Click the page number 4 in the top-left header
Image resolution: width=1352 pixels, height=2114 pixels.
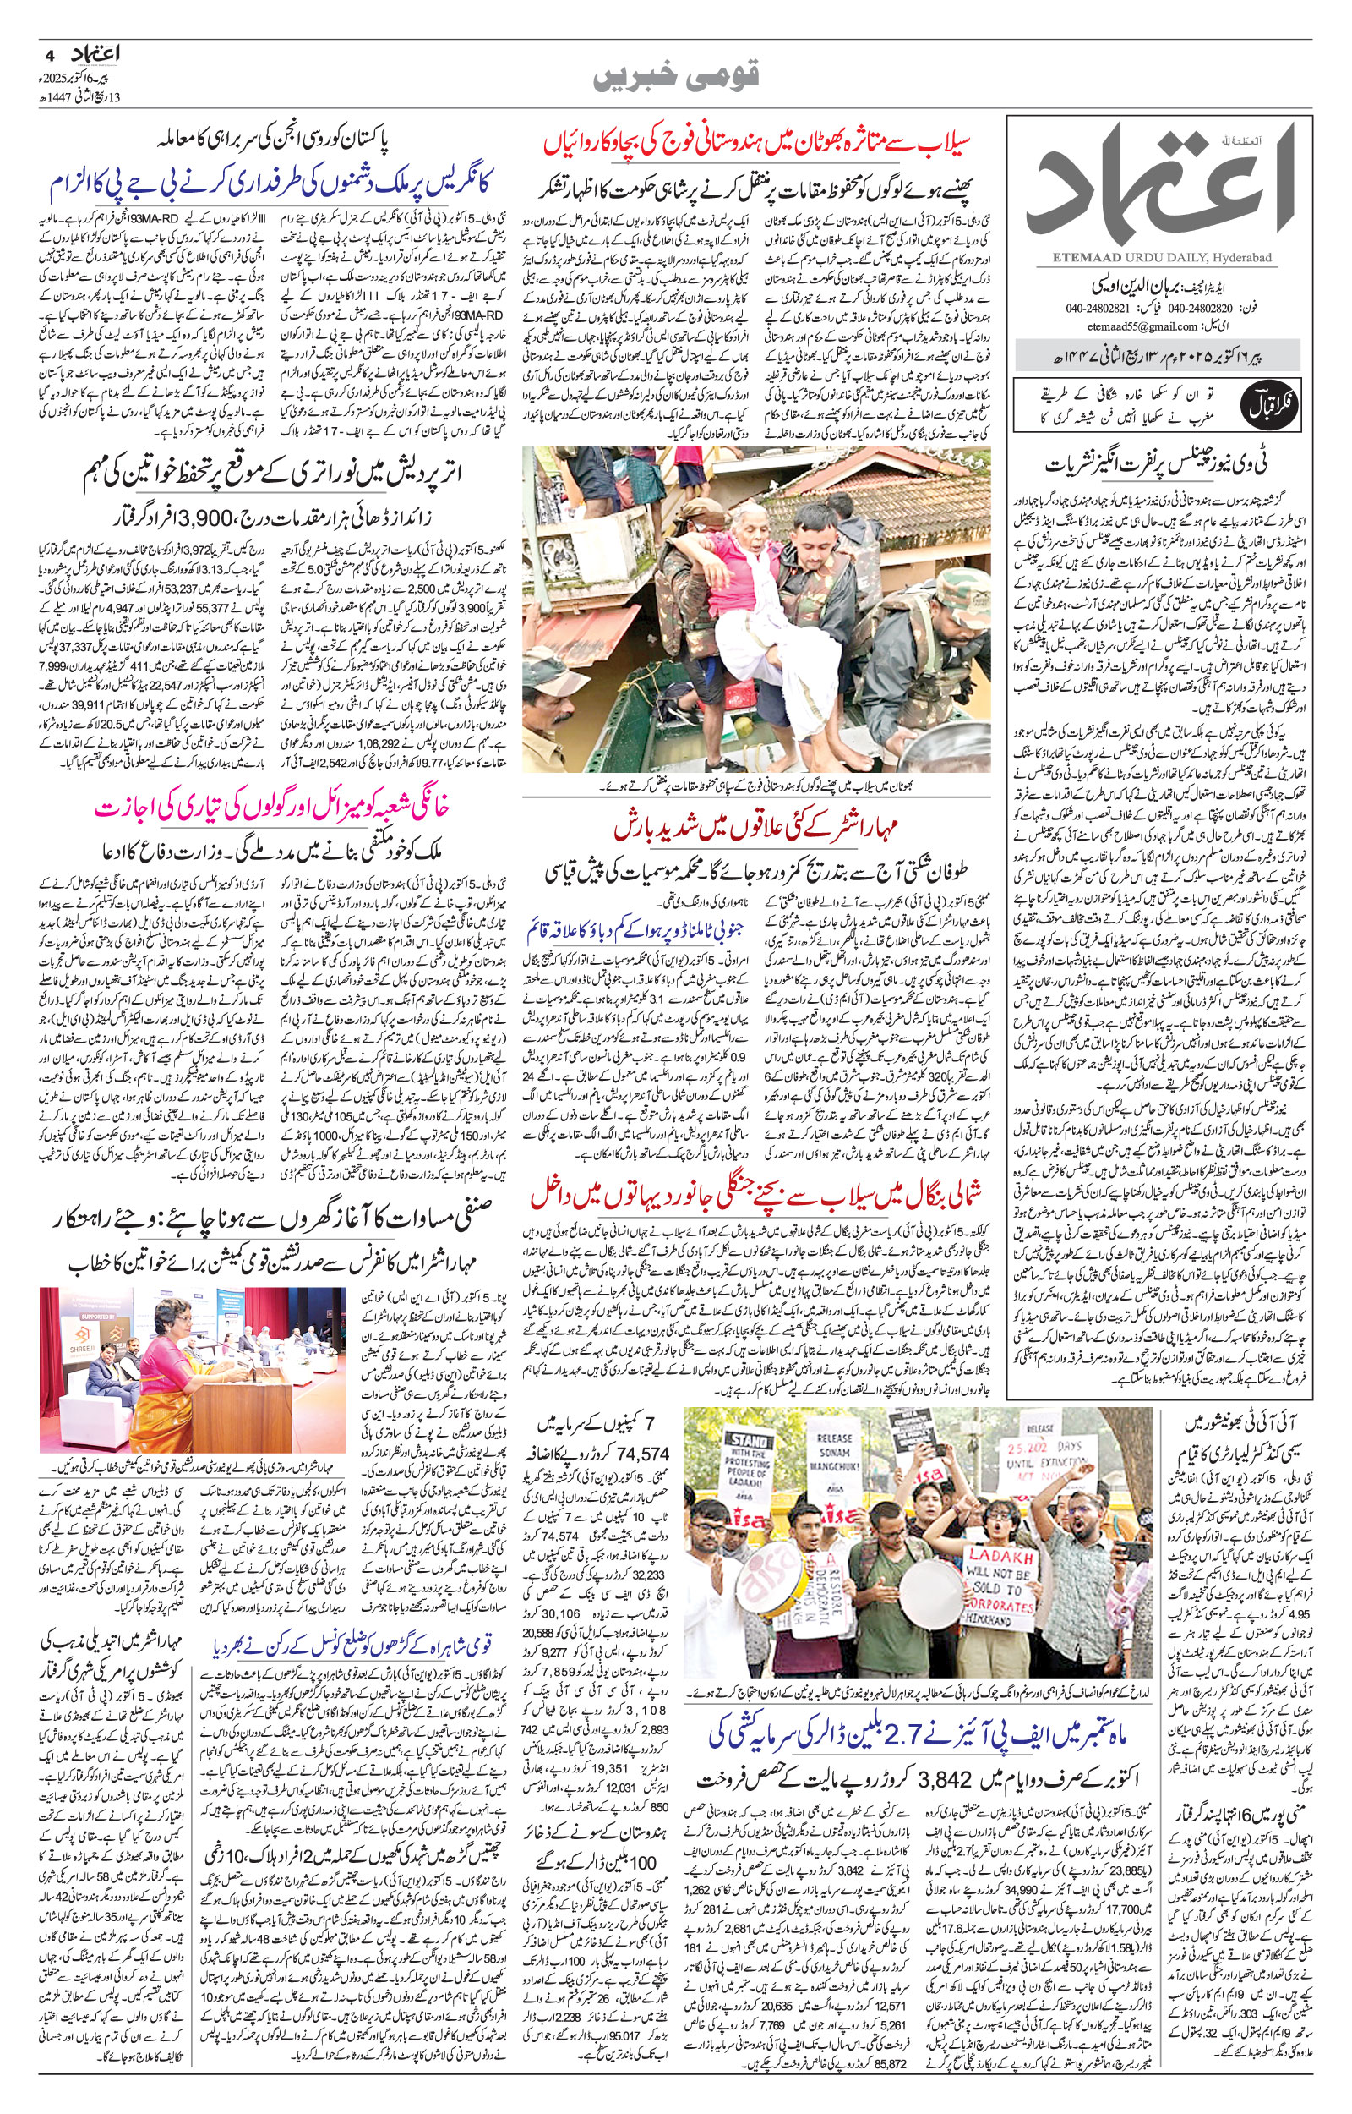(x=49, y=52)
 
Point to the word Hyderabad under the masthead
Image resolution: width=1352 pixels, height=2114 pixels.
(x=1247, y=257)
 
